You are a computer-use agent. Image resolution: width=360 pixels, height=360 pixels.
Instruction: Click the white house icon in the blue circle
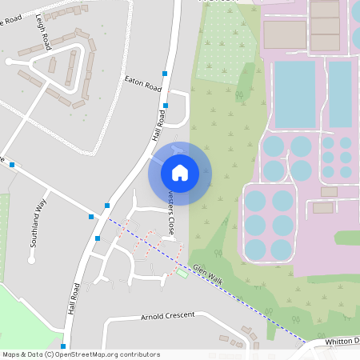click(180, 172)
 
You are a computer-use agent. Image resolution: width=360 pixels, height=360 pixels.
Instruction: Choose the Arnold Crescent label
click(167, 316)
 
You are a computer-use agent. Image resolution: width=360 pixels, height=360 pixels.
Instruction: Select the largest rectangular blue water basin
click(295, 94)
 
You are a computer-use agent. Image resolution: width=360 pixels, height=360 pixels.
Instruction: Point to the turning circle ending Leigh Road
click(9, 61)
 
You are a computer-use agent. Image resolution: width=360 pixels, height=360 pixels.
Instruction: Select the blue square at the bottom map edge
click(62, 346)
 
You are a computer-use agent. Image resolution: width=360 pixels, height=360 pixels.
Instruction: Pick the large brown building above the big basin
click(285, 34)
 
